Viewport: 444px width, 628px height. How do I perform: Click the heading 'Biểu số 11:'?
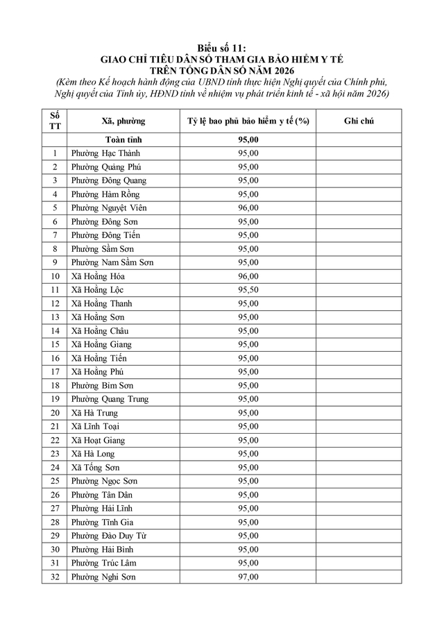click(x=222, y=47)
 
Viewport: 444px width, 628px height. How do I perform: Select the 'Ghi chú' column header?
click(x=359, y=121)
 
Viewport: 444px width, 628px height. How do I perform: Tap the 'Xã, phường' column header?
click(x=123, y=121)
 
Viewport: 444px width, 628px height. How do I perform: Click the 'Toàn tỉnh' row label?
click(x=123, y=140)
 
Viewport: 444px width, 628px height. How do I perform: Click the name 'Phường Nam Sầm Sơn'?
click(x=112, y=262)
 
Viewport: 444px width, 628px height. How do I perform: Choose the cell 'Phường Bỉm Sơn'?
click(x=102, y=385)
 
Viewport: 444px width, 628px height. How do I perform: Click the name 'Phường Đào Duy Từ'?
click(x=108, y=536)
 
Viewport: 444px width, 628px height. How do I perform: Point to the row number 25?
click(x=55, y=481)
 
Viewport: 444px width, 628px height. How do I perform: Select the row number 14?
click(x=55, y=331)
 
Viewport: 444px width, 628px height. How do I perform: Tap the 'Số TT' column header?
click(x=55, y=121)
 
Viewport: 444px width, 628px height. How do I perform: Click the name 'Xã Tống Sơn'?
click(x=96, y=468)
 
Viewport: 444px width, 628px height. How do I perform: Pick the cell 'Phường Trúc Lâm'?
click(x=103, y=563)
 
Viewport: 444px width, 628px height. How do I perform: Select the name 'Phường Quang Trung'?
click(x=110, y=399)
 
